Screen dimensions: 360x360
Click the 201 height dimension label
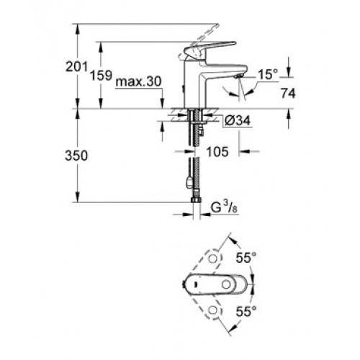(76, 66)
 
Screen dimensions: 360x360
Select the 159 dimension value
(101, 75)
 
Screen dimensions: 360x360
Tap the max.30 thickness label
(138, 82)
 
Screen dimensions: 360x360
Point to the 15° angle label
(268, 75)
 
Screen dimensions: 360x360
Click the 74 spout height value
(288, 93)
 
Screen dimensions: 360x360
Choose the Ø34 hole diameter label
(238, 120)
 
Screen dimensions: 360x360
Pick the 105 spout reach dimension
(217, 152)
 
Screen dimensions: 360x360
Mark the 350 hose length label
(76, 156)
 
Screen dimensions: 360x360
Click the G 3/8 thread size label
(224, 208)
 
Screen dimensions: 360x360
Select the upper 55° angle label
(246, 258)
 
